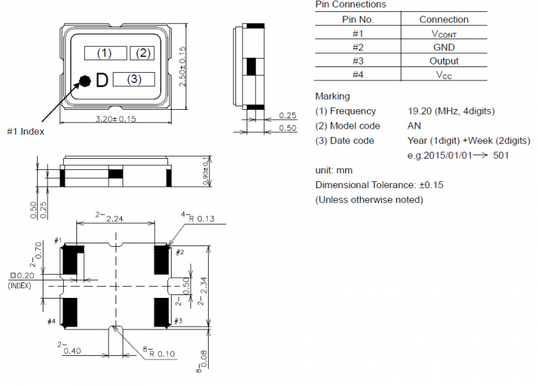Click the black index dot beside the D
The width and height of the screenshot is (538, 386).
coord(85,81)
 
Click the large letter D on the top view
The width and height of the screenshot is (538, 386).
coord(102,80)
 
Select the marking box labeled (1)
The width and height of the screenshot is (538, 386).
coord(106,53)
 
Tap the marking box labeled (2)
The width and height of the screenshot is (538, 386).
coord(142,53)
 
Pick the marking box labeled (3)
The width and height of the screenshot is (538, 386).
coord(134,80)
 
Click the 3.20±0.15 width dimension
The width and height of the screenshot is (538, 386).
coord(116,119)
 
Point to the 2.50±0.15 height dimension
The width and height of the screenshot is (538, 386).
coord(183,67)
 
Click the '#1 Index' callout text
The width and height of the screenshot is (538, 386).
coord(26,131)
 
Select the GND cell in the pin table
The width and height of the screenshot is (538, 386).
coord(444,47)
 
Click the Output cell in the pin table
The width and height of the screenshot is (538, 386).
coord(444,61)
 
